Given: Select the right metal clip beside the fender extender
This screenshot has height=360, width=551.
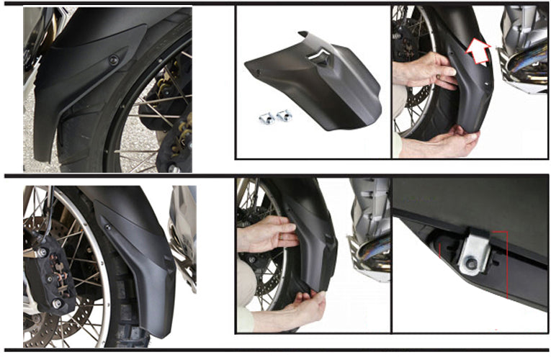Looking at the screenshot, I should pyautogui.click(x=284, y=115).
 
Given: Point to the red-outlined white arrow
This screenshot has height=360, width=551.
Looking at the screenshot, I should pyautogui.click(x=478, y=51).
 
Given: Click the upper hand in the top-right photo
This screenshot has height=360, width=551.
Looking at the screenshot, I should pyautogui.click(x=425, y=70).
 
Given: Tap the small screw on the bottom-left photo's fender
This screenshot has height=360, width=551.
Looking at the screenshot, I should pyautogui.click(x=107, y=228).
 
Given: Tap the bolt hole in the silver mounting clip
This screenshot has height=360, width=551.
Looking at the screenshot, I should pyautogui.click(x=470, y=264).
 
